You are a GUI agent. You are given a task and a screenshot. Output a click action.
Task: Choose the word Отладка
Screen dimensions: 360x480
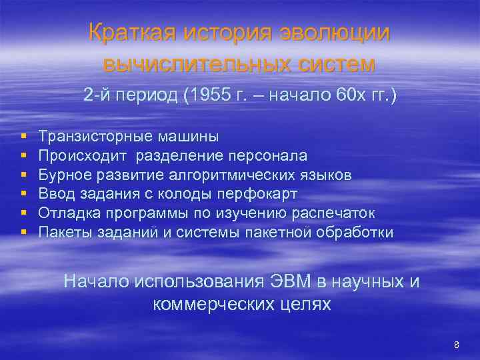(65, 213)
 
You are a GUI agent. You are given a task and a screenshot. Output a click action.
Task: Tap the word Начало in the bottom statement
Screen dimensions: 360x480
(97, 281)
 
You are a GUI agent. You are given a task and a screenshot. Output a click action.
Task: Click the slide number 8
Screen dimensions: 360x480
(457, 345)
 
